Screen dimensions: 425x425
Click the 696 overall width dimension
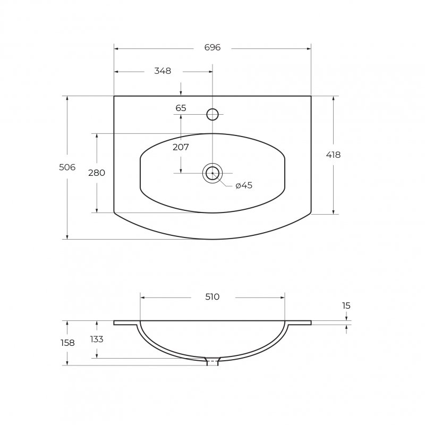coord(212,47)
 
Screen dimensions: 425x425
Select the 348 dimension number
coord(163,71)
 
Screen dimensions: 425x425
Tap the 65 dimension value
coord(181,108)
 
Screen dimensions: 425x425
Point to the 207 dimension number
coord(181,147)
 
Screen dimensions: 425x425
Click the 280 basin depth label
coord(97,173)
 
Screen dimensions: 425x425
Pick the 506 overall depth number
coord(67,167)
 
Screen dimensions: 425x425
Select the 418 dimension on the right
coord(333,155)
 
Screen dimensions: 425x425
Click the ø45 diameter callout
coord(244,185)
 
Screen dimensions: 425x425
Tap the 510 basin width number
coord(212,297)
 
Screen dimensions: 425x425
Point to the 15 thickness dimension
coord(346,305)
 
